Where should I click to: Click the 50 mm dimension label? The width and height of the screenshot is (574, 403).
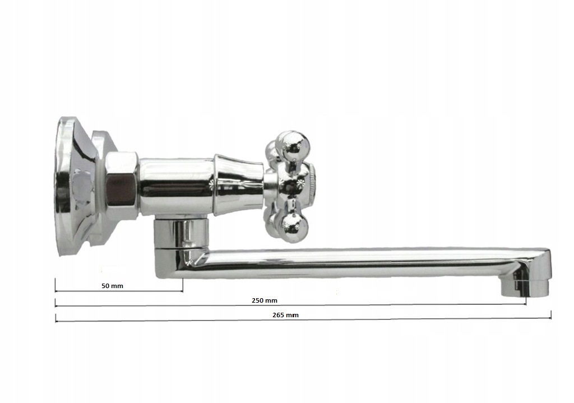pyautogui.click(x=112, y=286)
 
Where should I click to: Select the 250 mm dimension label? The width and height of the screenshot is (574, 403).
pyautogui.click(x=265, y=300)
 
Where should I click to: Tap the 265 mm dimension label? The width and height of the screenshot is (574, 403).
pyautogui.click(x=285, y=315)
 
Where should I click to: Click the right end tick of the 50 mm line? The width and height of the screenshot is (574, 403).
pyautogui.click(x=182, y=285)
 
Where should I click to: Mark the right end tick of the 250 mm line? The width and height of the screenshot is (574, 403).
pyautogui.click(x=526, y=298)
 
